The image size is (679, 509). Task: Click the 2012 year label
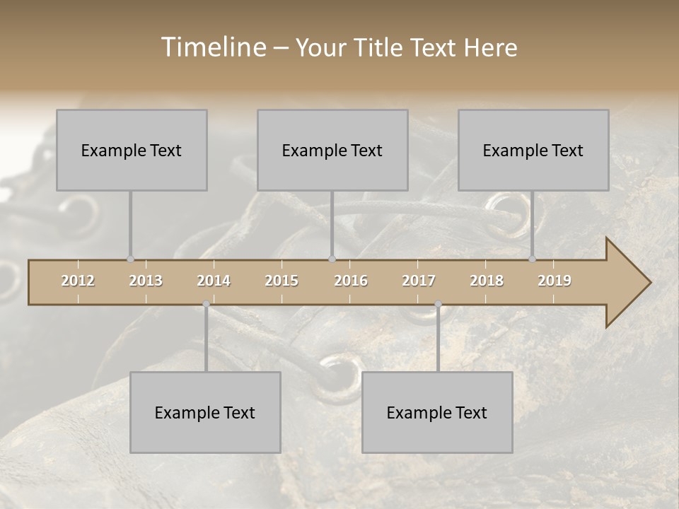(78, 281)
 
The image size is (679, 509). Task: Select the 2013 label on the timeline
(146, 281)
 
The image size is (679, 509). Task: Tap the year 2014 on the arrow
(214, 281)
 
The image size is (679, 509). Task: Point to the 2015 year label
(282, 281)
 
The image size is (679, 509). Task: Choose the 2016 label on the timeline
(351, 281)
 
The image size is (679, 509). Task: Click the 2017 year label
(419, 281)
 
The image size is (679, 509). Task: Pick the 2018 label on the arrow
(487, 281)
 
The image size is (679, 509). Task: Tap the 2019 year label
(555, 281)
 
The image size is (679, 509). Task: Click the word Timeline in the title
(212, 47)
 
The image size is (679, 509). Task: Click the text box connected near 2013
(132, 150)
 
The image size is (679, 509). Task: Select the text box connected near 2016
(332, 150)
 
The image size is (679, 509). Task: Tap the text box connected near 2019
(533, 150)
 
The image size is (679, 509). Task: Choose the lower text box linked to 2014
(205, 412)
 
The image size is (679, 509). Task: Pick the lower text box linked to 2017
(437, 412)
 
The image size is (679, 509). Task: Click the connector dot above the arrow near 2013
(130, 259)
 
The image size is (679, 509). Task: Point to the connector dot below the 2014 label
(206, 304)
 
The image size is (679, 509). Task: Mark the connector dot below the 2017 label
(438, 304)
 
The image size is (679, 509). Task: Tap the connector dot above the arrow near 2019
(532, 259)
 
